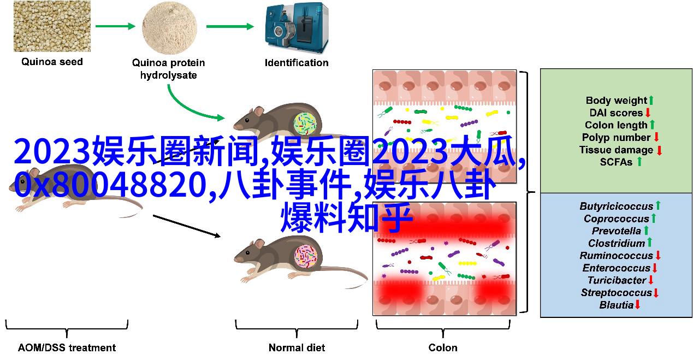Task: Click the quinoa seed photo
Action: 52,26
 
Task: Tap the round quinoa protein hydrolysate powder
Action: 169,27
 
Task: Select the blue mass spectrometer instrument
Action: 297,28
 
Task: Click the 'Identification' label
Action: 297,62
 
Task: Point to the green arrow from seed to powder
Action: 115,26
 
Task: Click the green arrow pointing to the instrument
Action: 230,26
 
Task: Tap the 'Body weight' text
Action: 617,101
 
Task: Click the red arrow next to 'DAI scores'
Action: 648,113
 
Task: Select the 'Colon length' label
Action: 616,125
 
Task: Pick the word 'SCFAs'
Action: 616,162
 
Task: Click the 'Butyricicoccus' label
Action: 617,206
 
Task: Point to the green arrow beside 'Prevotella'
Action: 646,231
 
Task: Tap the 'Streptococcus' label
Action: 617,292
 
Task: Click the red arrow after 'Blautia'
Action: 638,305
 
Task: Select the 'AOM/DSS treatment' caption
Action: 67,347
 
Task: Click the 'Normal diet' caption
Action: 297,347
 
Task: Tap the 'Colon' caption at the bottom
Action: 443,347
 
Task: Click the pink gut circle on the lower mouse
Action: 306,256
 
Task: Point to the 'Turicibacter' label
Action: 617,280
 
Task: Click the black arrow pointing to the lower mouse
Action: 187,226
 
